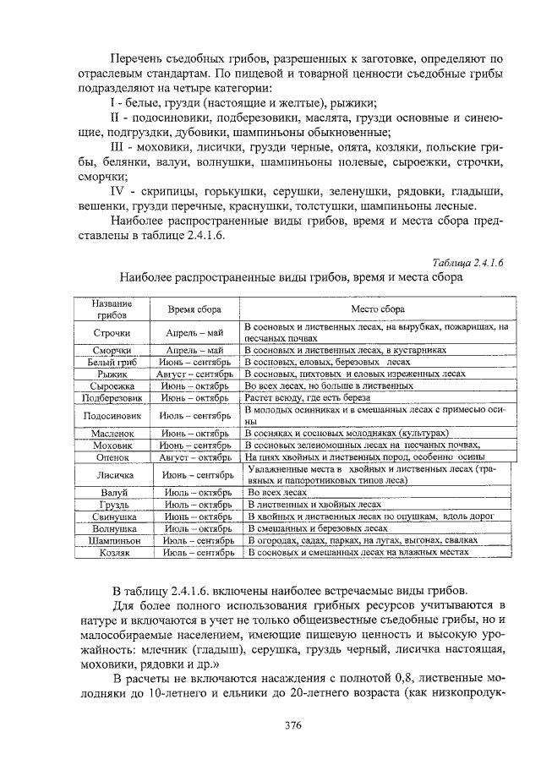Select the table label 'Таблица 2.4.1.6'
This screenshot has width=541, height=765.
[467, 262]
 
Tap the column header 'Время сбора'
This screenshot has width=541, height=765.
[194, 309]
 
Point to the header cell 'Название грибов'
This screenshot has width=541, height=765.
[112, 309]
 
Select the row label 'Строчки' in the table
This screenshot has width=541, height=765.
[112, 332]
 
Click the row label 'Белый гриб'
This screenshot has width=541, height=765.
[112, 361]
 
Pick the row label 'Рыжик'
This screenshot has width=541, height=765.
[112, 373]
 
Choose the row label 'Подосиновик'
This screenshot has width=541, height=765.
[112, 415]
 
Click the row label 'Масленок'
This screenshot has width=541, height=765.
[112, 433]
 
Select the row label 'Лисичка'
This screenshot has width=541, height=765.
[112, 474]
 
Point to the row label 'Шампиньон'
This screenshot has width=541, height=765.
[112, 539]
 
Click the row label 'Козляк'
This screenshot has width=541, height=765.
[112, 551]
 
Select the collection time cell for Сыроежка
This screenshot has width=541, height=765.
[194, 385]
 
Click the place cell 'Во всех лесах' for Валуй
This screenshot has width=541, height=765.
[276, 491]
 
